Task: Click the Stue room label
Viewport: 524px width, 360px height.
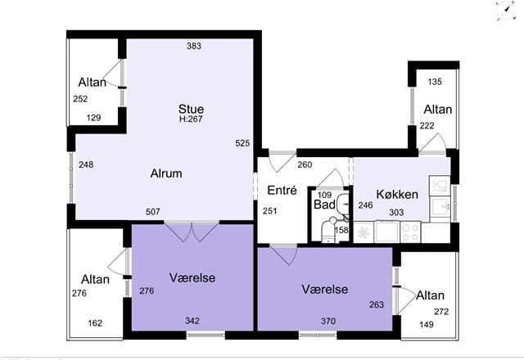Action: click(191, 109)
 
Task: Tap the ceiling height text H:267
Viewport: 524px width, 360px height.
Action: click(191, 119)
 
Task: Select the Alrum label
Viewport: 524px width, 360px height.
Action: click(166, 173)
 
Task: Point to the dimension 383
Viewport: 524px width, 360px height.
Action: click(194, 46)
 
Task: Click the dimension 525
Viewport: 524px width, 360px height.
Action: click(242, 143)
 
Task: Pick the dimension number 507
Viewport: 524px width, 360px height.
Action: click(153, 212)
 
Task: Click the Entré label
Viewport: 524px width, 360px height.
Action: click(282, 191)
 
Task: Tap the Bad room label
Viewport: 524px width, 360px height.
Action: click(324, 205)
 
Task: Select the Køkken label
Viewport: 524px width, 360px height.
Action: click(397, 195)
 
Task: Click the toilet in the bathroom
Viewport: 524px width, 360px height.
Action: click(329, 230)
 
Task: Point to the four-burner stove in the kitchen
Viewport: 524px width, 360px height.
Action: click(410, 232)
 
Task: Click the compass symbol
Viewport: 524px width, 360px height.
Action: click(505, 11)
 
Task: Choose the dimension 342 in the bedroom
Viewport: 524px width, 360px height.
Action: click(192, 321)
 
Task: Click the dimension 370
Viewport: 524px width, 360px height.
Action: click(328, 322)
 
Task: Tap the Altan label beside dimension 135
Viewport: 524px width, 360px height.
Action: click(438, 110)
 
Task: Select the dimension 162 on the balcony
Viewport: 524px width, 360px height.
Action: click(95, 323)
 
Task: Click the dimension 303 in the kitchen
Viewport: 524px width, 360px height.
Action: click(396, 213)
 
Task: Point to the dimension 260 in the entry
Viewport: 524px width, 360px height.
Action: click(305, 164)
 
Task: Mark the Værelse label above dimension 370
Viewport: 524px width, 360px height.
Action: click(325, 289)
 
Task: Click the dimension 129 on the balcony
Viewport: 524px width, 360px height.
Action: click(93, 118)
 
